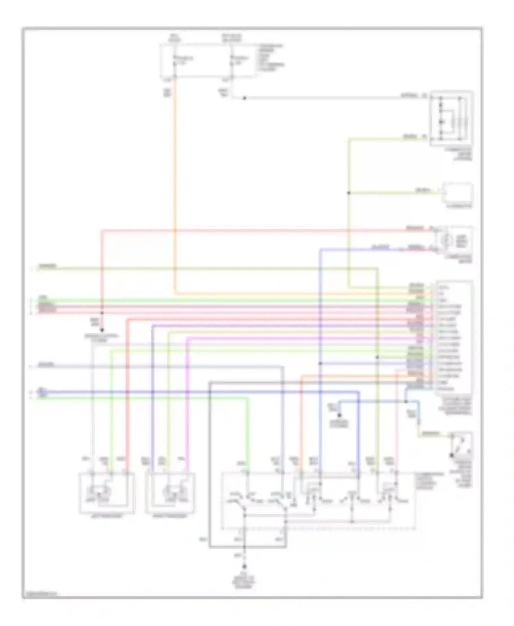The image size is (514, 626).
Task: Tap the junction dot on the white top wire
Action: (244, 98)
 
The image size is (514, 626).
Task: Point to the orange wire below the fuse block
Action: (175, 188)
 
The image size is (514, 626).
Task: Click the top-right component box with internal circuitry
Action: (451, 118)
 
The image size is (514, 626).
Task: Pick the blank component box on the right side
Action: (458, 193)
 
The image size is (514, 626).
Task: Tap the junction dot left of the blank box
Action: (349, 193)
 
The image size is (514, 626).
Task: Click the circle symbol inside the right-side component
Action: (445, 241)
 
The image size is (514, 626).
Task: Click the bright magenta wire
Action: (188, 394)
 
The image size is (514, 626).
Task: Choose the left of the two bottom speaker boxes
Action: (106, 493)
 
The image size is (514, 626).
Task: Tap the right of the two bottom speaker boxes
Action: (170, 493)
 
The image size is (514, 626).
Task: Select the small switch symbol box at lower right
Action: (461, 445)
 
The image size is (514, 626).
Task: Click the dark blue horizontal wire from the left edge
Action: (206, 391)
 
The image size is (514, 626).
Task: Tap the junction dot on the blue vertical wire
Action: (320, 363)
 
